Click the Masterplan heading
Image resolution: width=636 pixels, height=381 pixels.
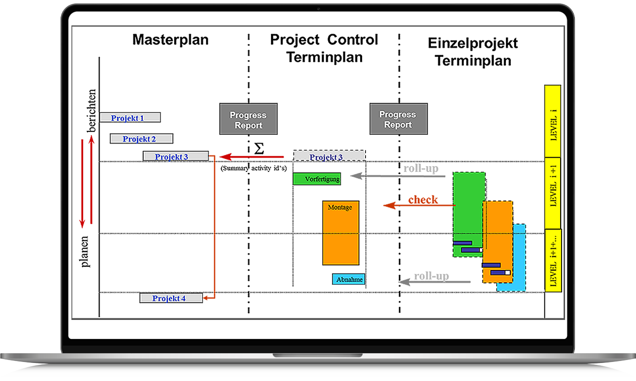point(170,40)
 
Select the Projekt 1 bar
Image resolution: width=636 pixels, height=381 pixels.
point(130,118)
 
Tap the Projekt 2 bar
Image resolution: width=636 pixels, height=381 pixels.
point(141,139)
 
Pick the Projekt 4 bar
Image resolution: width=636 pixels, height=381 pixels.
point(171,298)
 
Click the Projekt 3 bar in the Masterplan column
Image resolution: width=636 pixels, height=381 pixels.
point(176,156)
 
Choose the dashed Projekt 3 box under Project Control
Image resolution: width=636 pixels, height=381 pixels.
point(329,156)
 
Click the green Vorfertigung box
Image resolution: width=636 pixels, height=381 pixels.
point(317,179)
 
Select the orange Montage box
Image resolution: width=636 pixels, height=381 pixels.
point(341,233)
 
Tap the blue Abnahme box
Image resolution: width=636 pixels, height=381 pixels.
point(349,279)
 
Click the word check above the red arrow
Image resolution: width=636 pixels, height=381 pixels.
point(423,199)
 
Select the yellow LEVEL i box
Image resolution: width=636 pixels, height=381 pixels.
point(553,121)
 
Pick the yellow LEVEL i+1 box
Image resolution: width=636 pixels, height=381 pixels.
point(553,193)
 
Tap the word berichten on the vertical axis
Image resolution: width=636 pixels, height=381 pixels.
point(91,111)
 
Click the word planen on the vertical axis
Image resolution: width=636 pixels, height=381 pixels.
point(86,251)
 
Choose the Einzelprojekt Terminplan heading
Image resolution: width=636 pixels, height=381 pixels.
point(473,51)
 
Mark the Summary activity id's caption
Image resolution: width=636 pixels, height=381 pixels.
point(253,168)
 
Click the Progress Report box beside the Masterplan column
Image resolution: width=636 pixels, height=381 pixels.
point(249,119)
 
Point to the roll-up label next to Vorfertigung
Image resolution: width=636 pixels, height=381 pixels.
point(421,169)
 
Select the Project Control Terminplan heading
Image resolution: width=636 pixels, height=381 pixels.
point(324,48)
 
